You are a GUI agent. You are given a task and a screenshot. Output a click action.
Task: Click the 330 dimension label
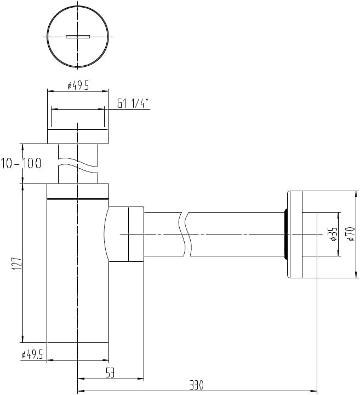click(x=196, y=385)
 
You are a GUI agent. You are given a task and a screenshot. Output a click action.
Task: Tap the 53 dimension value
click(x=110, y=373)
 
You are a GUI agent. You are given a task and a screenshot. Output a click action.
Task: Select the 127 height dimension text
click(x=17, y=264)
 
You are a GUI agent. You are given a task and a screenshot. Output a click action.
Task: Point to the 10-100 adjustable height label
click(x=21, y=163)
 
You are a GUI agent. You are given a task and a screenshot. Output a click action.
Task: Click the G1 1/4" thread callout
click(x=133, y=104)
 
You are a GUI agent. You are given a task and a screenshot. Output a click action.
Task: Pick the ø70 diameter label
click(x=351, y=234)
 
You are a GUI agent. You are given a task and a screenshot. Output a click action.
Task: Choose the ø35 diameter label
click(x=333, y=234)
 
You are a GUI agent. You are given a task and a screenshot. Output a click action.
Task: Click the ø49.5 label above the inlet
click(x=78, y=85)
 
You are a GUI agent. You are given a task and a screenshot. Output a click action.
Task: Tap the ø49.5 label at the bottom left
click(x=32, y=354)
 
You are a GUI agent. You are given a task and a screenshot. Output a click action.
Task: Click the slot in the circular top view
click(x=78, y=37)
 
